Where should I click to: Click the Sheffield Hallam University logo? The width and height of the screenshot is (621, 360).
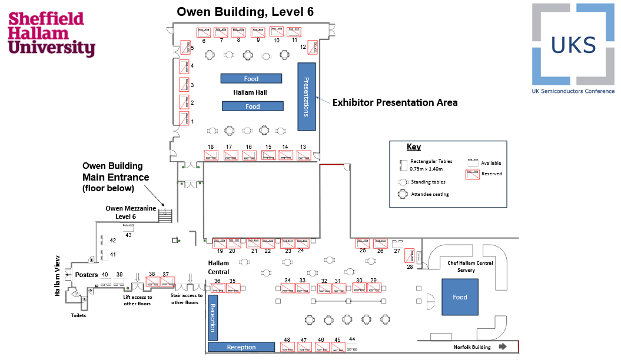[x=51, y=34]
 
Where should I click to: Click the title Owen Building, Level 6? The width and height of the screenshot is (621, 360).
[x=245, y=12]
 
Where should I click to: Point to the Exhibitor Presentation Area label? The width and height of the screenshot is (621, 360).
[x=395, y=102]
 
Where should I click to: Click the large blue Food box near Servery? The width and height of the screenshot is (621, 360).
[x=460, y=297]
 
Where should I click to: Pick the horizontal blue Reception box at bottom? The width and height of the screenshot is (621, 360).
[x=241, y=347]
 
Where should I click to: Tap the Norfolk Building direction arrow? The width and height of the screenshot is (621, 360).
[x=502, y=347]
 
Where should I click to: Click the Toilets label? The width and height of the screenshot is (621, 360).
[x=78, y=315]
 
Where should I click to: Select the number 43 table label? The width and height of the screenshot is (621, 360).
[x=128, y=235]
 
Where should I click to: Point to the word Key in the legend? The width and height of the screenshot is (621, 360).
[x=414, y=147]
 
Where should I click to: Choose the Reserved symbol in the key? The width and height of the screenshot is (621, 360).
[x=473, y=174]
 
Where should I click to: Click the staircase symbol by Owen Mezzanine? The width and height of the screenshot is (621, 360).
[x=165, y=214]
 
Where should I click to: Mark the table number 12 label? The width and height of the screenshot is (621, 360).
[x=303, y=46]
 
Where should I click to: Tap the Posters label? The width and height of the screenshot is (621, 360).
[x=87, y=275]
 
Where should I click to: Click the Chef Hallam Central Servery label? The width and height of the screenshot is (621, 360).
[x=470, y=266]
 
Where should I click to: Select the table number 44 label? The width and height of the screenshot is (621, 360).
[x=352, y=339]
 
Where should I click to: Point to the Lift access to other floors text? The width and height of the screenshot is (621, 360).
[x=137, y=301]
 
